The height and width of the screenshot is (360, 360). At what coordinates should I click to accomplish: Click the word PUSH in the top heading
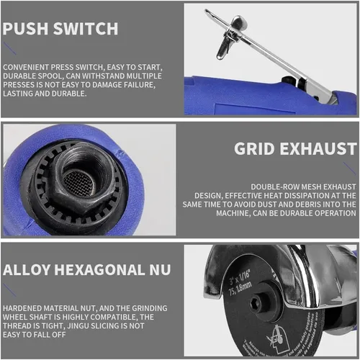[x=25, y=29]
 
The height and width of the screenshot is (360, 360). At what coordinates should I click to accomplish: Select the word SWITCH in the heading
[x=86, y=29]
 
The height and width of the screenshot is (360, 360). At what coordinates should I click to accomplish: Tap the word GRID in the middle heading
[x=254, y=149]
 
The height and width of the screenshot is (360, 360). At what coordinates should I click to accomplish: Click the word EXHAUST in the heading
[x=318, y=149]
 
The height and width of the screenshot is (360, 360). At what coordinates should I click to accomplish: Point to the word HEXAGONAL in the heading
[x=100, y=270]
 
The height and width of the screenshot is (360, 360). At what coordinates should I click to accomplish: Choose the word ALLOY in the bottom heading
[x=27, y=270]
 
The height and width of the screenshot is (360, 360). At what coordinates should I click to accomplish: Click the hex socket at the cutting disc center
[x=255, y=304]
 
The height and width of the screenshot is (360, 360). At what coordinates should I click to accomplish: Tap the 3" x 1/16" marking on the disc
[x=240, y=276]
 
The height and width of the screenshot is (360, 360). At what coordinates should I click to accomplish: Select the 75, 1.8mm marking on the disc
[x=240, y=288]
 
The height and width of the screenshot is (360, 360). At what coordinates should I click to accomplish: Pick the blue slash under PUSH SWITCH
[x=9, y=48]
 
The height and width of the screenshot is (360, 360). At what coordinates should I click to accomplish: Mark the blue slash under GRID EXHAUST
[x=349, y=168]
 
